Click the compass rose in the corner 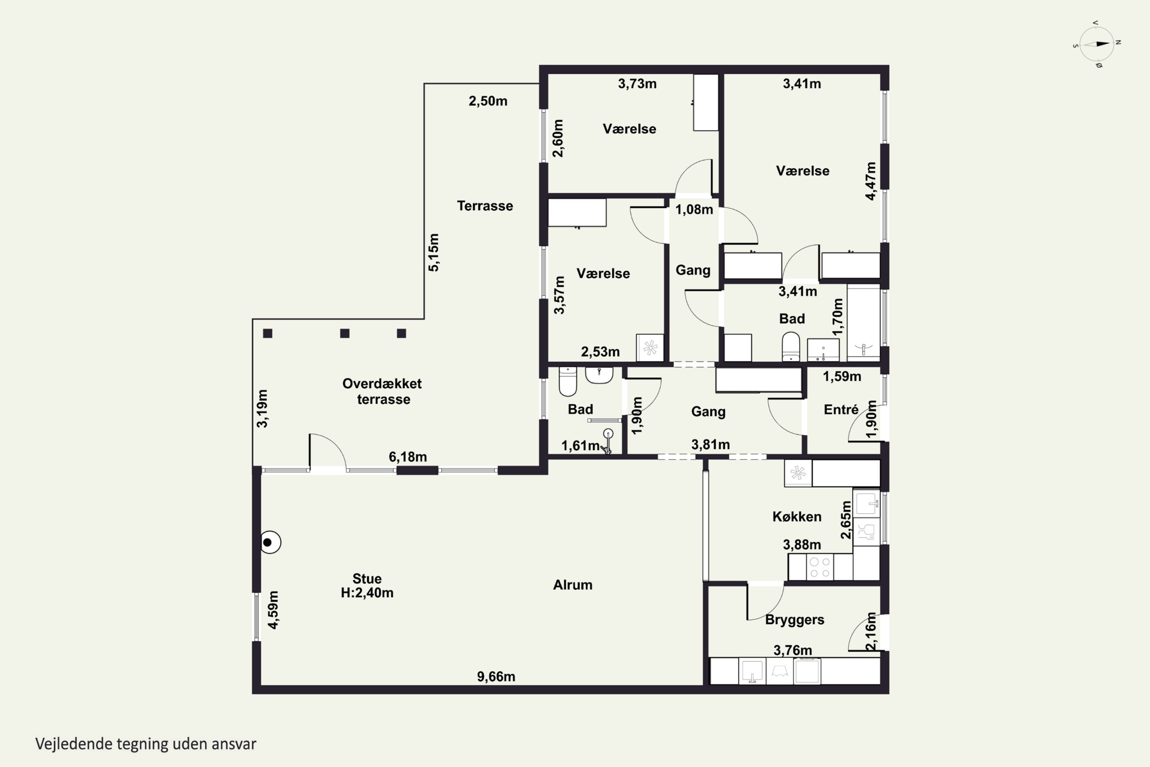[1097, 44]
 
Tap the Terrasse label [485, 206]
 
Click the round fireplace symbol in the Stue [269, 543]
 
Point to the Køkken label [797, 517]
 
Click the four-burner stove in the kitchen [820, 567]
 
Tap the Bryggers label [795, 620]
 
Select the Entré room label [841, 410]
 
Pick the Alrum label [573, 585]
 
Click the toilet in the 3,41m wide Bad [790, 347]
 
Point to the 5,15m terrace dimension [434, 252]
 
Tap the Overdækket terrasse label [382, 391]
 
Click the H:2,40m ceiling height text [367, 593]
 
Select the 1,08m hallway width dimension [694, 210]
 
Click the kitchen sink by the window [866, 503]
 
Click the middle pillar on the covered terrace [345, 334]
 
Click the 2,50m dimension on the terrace [488, 101]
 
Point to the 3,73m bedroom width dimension [637, 84]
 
